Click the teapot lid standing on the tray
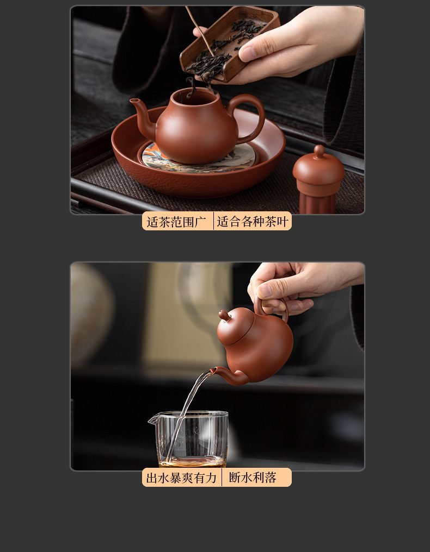318,179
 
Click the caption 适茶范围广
176,222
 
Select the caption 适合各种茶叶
253,222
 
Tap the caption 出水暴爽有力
181,478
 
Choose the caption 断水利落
253,478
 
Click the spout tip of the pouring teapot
212,371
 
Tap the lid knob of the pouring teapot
224,315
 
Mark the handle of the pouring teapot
270,310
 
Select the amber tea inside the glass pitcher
192,462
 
